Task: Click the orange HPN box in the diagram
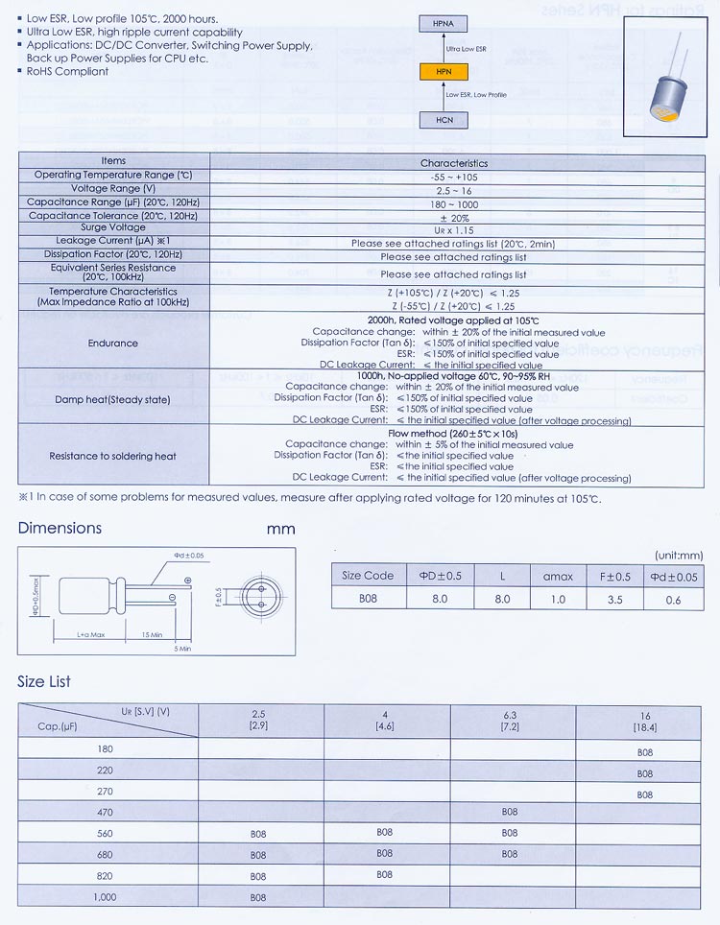pos(443,70)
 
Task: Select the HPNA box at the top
pos(443,23)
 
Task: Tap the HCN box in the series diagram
pos(443,119)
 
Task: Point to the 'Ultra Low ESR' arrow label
pos(467,47)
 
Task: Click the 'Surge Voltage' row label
pos(113,228)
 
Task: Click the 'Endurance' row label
pos(113,343)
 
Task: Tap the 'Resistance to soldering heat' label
pos(113,457)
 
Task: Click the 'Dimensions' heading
pos(60,529)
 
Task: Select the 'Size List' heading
pos(44,682)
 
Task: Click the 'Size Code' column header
pos(368,576)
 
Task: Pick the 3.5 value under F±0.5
pos(615,599)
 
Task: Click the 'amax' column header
pos(558,576)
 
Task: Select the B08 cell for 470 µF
pos(510,813)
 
